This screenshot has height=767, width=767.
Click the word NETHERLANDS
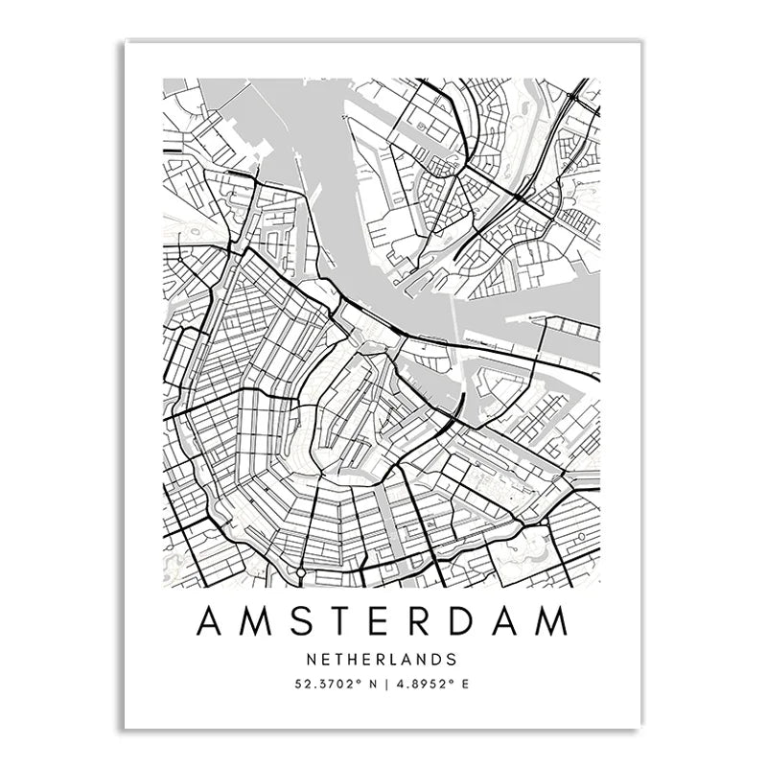click(x=383, y=660)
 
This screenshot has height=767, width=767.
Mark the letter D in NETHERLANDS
click(x=434, y=660)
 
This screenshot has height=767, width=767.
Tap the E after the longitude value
click(x=471, y=685)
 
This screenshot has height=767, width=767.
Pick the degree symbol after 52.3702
click(x=355, y=682)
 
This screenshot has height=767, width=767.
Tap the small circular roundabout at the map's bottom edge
click(x=300, y=571)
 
